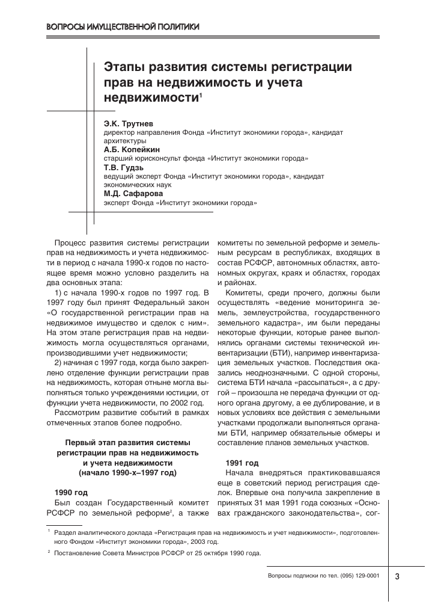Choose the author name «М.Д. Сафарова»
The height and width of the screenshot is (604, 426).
point(134,194)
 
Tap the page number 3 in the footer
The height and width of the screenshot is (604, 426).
point(398,576)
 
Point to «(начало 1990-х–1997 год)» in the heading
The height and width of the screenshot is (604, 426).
point(127,473)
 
